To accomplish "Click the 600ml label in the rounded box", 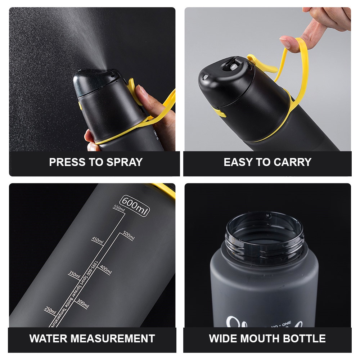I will pyautogui.click(x=135, y=206).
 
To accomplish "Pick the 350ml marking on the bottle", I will pyautogui.click(x=74, y=275).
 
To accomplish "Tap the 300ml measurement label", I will pyautogui.click(x=82, y=304).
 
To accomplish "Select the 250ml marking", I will pyautogui.click(x=50, y=310).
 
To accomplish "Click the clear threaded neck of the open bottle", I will pyautogui.click(x=265, y=239).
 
